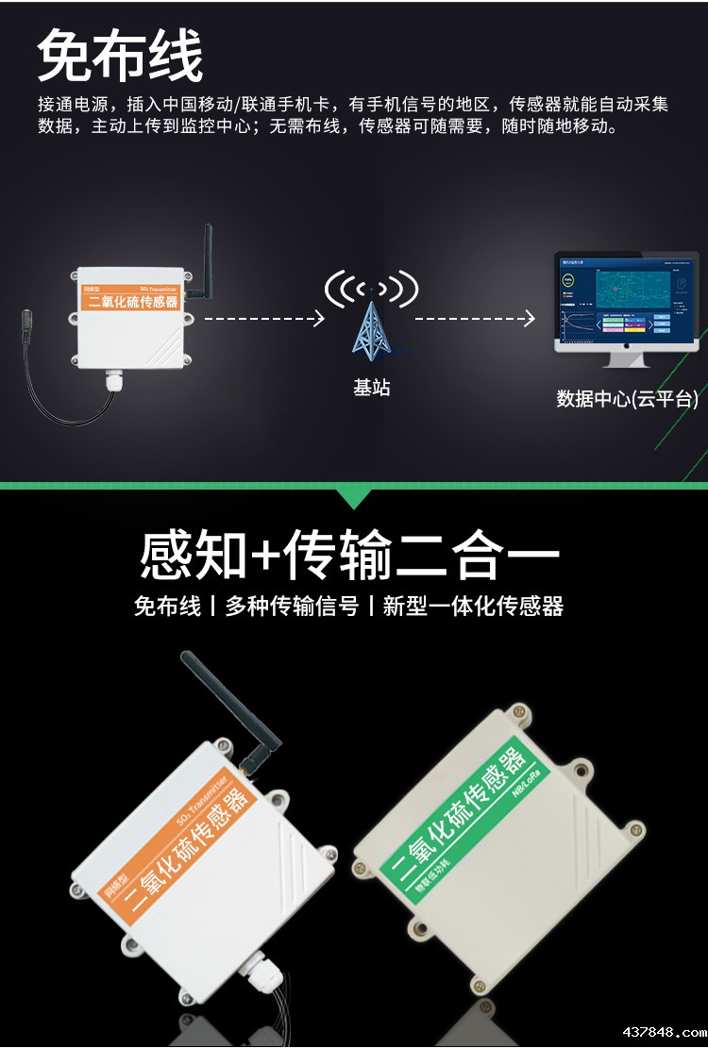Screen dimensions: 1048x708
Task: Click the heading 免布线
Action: coord(120,56)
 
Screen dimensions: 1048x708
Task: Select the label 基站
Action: coord(371,388)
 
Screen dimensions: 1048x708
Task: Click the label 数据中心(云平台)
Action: coord(627,399)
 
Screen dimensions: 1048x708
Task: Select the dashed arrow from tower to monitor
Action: coord(475,319)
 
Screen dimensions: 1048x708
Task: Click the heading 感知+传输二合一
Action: coord(349,556)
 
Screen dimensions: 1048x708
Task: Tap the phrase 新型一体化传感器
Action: coord(473,607)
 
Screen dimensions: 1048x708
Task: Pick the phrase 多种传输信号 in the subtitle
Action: coord(292,607)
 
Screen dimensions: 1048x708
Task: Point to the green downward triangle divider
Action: coord(354,498)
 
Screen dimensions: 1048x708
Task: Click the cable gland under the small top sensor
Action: coord(116,382)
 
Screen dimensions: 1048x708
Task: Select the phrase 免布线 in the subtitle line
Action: coord(167,607)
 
